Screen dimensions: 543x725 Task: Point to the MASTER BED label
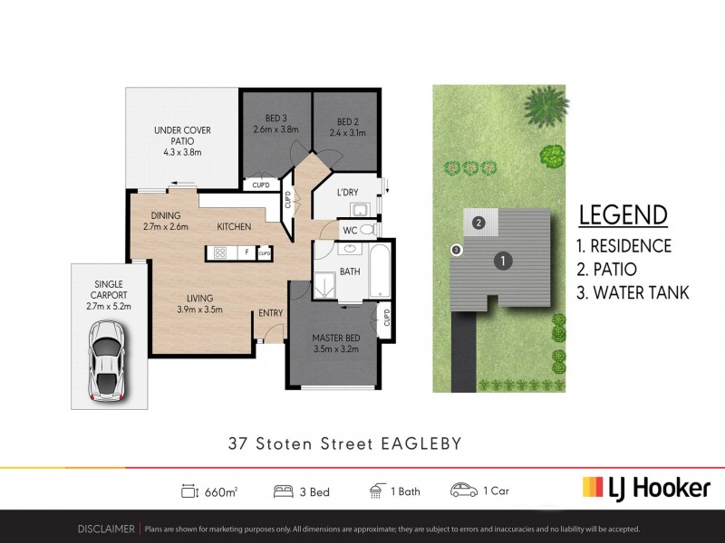click(x=334, y=339)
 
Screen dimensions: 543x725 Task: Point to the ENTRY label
click(x=271, y=313)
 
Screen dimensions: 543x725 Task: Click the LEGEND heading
click(x=623, y=215)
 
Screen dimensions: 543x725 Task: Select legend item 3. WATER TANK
click(x=633, y=292)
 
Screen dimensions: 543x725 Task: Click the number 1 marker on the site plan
click(x=499, y=262)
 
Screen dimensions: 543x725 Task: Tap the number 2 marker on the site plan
click(x=478, y=222)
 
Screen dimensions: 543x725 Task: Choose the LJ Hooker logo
click(x=645, y=488)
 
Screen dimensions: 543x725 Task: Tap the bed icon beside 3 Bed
click(x=283, y=491)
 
